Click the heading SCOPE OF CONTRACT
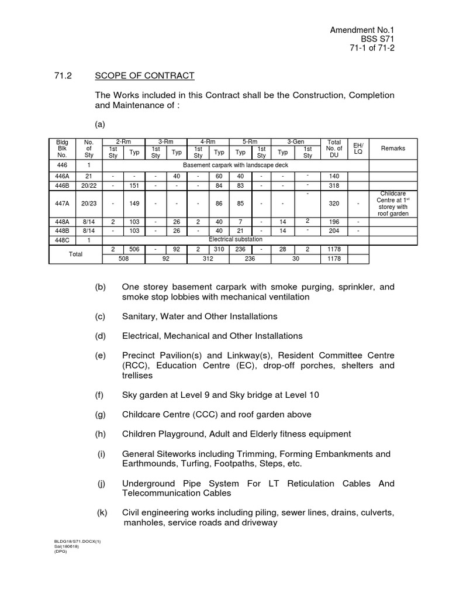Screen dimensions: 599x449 (x=144, y=76)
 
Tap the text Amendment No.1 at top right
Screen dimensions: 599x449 (x=363, y=29)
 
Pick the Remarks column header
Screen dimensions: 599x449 (x=392, y=149)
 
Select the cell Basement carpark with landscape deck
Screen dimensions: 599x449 (x=235, y=166)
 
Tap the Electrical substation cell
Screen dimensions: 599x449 (x=235, y=239)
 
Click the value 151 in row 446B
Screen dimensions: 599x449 (x=134, y=185)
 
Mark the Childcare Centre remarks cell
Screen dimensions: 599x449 (x=392, y=203)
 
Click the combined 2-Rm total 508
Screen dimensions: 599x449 (x=123, y=257)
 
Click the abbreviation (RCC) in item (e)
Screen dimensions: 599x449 (x=135, y=366)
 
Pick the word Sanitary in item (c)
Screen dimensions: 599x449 (x=140, y=316)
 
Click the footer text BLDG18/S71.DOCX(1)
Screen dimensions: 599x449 (x=78, y=542)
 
